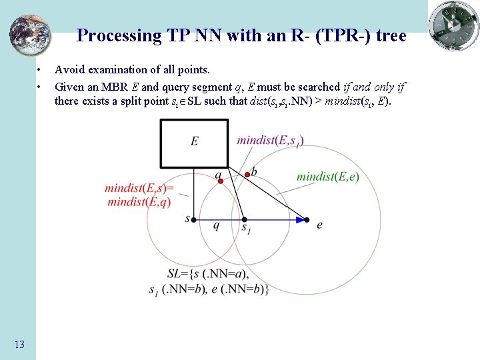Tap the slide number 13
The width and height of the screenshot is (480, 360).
(19, 344)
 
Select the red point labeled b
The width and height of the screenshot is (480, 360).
(247, 174)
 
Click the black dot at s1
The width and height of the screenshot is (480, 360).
(244, 219)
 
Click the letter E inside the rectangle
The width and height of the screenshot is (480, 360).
(195, 141)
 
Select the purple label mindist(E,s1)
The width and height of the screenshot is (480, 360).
(270, 140)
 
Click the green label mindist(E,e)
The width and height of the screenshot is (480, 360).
(327, 177)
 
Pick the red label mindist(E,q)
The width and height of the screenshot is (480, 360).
(139, 202)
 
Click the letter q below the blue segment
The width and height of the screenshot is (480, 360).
(216, 226)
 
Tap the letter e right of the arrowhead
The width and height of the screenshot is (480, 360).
(319, 225)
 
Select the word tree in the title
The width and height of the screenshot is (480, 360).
(391, 35)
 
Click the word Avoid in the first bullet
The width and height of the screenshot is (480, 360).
(68, 69)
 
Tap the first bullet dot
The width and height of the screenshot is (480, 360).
(41, 70)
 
